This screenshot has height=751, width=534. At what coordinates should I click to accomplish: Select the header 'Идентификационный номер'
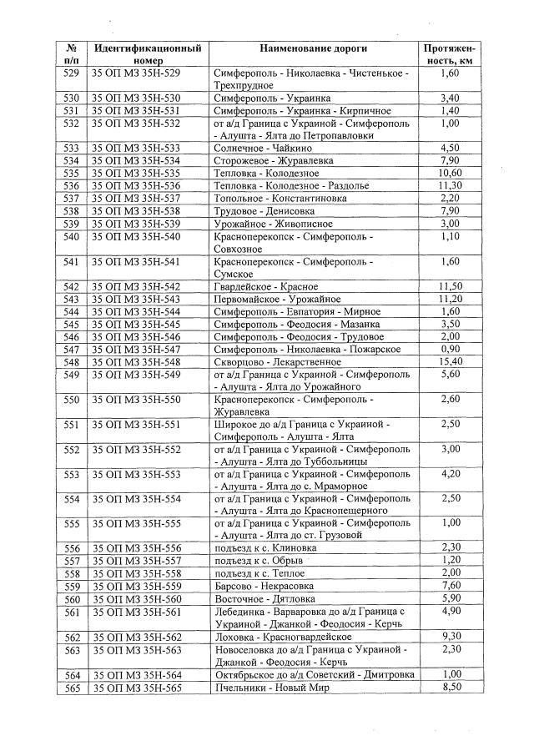(x=148, y=55)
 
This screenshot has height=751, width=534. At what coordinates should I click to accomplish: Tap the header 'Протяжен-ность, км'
(x=450, y=55)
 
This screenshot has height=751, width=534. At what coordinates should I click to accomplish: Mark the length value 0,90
(x=450, y=349)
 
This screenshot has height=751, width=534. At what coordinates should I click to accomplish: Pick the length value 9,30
(x=450, y=637)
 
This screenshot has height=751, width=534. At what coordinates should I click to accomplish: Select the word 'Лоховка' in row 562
(x=234, y=637)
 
